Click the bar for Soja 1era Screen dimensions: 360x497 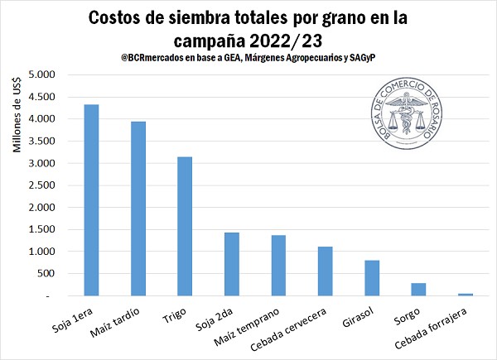point(92,199)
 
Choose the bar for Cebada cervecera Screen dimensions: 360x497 point(326,271)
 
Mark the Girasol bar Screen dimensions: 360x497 point(372,278)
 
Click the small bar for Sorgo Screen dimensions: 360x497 point(419,289)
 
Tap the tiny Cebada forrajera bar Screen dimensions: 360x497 point(466,294)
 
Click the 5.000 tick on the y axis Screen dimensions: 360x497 point(41,75)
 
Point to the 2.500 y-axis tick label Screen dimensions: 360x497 point(41,185)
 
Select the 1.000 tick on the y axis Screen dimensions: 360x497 point(41,252)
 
